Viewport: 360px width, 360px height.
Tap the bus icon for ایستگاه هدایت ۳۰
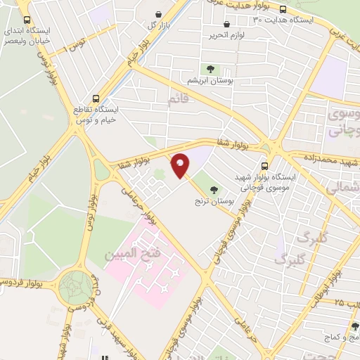(x=283, y=9)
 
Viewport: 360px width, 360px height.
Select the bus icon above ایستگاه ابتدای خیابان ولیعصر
(x=27, y=20)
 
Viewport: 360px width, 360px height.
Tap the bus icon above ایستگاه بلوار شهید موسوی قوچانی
(x=264, y=166)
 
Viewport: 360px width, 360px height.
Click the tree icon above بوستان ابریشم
(x=209, y=68)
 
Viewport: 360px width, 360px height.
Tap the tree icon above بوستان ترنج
(x=214, y=188)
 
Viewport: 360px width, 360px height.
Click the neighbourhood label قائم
(x=179, y=100)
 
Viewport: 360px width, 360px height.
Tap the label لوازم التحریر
(x=226, y=34)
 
